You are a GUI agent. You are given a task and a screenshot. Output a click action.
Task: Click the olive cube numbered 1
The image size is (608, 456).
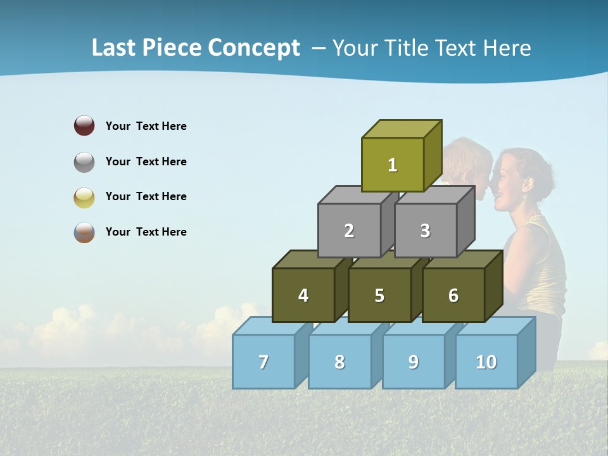pyautogui.click(x=393, y=165)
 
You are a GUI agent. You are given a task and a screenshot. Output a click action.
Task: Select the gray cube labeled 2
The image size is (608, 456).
pyautogui.click(x=349, y=231)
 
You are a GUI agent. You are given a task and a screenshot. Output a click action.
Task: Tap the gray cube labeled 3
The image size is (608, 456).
pyautogui.click(x=425, y=231)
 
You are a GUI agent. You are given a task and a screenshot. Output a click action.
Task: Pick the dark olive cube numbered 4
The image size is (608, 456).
pyautogui.click(x=303, y=295)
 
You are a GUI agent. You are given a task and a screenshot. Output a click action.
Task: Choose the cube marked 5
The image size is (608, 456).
pyautogui.click(x=379, y=295)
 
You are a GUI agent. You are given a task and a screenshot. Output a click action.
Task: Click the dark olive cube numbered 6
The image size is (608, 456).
pyautogui.click(x=453, y=295)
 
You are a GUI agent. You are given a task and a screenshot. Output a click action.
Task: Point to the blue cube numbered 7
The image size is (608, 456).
pyautogui.click(x=263, y=362)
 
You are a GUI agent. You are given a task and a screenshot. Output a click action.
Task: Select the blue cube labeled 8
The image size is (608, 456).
pyautogui.click(x=339, y=362)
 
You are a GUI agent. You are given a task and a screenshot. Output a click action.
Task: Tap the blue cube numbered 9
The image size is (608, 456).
pyautogui.click(x=414, y=362)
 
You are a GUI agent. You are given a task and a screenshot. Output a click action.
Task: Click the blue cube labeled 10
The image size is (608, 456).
pyautogui.click(x=486, y=362)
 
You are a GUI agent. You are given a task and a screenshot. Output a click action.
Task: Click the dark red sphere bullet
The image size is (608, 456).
pyautogui.click(x=84, y=125)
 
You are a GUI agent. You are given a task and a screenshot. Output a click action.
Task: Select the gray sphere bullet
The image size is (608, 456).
pyautogui.click(x=84, y=161)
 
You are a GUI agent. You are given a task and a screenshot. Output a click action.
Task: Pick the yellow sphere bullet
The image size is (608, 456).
pyautogui.click(x=84, y=197)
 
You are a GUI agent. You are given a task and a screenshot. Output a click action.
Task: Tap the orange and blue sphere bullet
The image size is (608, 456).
pyautogui.click(x=84, y=232)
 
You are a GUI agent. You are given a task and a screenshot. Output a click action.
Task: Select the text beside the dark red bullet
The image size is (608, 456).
pyautogui.click(x=146, y=126)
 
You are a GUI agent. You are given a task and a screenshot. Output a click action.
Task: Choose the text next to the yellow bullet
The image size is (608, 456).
pyautogui.click(x=146, y=196)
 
